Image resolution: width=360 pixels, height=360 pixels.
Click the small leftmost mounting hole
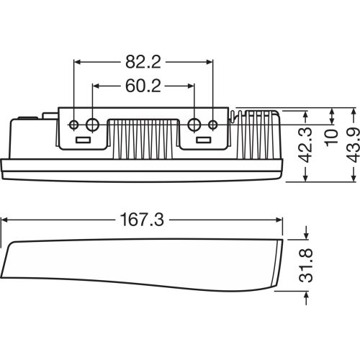click(74, 125)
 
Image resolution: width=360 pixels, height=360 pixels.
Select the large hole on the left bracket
click(92, 125)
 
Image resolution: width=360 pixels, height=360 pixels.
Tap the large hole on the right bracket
click(194, 125)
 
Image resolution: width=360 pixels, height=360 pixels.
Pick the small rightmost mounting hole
click(212, 125)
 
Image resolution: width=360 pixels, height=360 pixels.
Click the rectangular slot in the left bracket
click(84, 139)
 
